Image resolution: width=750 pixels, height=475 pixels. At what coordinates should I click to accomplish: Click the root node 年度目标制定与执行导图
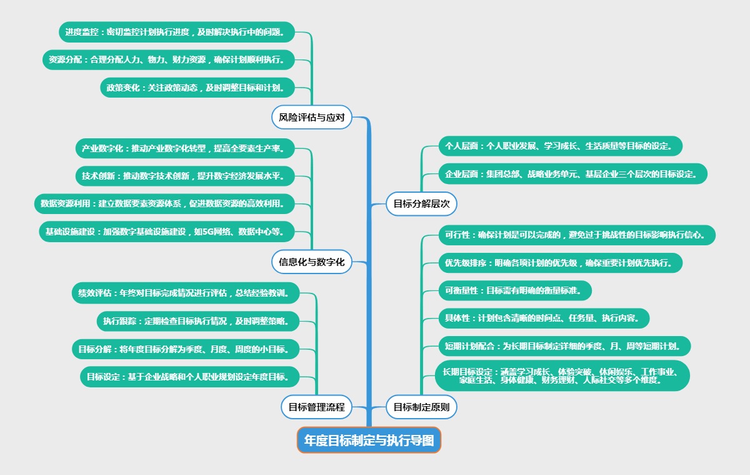[369, 440]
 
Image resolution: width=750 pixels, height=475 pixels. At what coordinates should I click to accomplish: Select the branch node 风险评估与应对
[312, 117]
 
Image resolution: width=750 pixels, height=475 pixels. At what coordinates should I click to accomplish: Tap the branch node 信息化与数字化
[312, 262]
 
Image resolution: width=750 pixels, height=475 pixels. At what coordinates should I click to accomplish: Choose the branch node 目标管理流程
[316, 407]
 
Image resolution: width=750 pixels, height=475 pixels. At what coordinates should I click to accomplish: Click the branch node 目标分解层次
[422, 203]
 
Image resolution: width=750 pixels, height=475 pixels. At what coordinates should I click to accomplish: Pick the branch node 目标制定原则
[422, 407]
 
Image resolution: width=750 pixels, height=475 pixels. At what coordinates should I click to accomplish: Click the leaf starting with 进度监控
[176, 31]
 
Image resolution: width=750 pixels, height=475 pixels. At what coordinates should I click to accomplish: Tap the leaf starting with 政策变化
[196, 88]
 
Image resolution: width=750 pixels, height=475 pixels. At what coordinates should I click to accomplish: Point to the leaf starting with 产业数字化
[184, 148]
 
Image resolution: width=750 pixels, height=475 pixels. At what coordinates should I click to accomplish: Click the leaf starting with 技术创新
[184, 176]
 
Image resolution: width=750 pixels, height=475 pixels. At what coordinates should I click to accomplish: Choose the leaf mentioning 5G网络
[166, 232]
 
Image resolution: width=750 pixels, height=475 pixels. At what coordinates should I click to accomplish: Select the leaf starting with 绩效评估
[186, 292]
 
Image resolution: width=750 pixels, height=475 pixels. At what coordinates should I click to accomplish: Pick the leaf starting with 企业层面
[572, 173]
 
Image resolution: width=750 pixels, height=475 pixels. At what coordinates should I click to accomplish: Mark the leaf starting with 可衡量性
[514, 290]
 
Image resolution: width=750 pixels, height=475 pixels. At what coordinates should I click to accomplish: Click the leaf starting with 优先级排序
[560, 263]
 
